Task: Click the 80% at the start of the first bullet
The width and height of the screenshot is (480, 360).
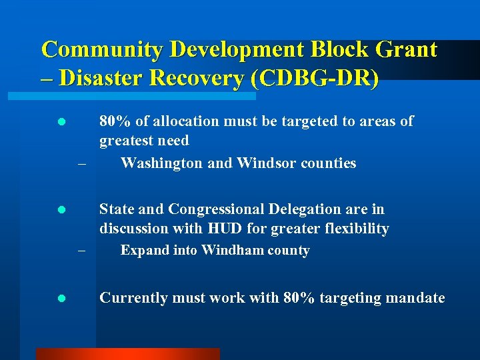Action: tap(115, 121)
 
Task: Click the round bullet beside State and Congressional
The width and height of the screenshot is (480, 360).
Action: tap(61, 210)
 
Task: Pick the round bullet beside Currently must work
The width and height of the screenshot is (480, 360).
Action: tap(61, 299)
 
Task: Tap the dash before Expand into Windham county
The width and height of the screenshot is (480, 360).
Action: tap(81, 252)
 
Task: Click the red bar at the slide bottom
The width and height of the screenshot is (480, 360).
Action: tap(127, 354)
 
